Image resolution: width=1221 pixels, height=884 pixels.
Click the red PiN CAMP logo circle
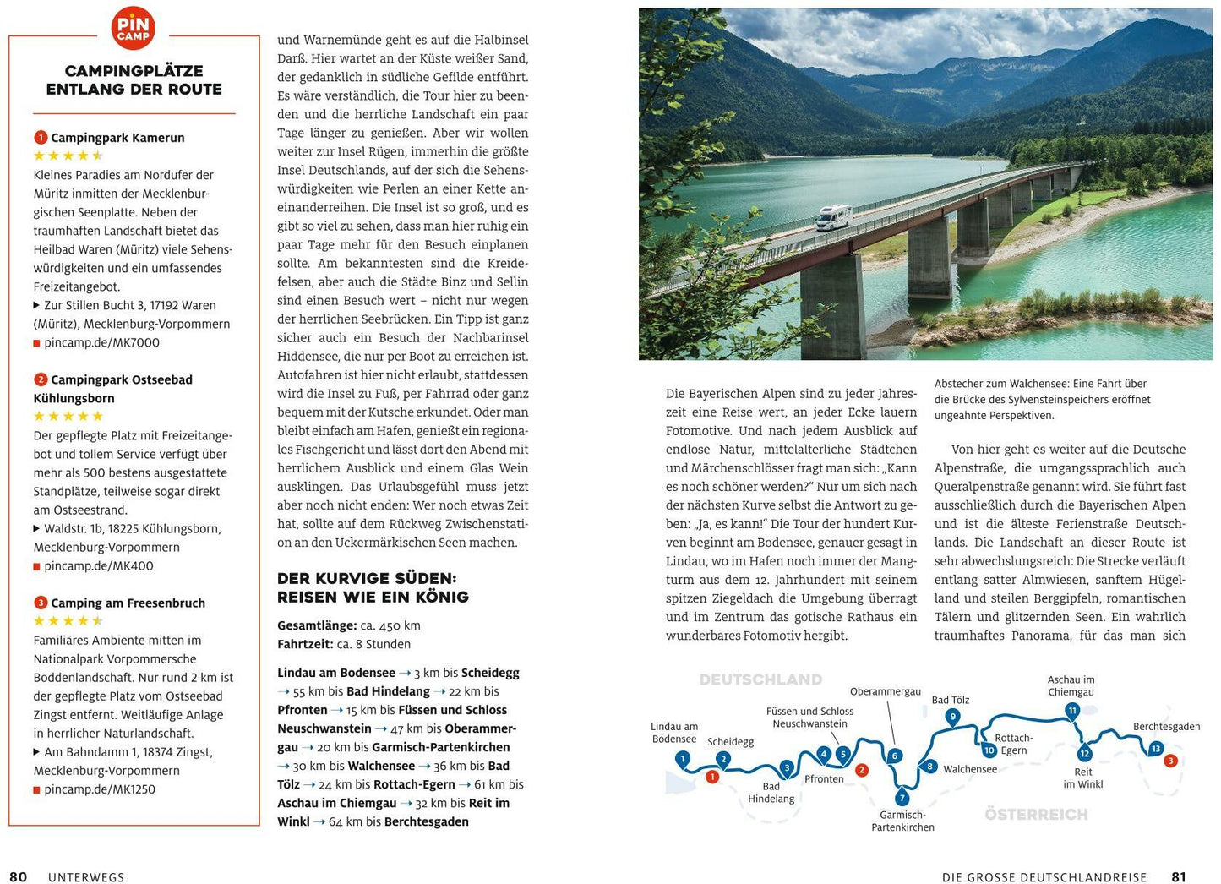coord(134,28)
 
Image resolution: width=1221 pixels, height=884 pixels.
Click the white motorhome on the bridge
coord(833,217)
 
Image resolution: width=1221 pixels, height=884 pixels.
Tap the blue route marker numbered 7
coord(902,798)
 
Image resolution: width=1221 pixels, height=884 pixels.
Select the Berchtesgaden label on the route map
coord(1166,727)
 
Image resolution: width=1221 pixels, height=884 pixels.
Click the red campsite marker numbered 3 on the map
coord(1170,761)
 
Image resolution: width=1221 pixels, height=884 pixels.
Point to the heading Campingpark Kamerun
coord(117,138)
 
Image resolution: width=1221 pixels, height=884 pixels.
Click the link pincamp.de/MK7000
coord(101,342)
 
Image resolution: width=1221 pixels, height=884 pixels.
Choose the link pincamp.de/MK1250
coord(100,789)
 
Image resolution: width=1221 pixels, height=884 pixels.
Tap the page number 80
coord(18,877)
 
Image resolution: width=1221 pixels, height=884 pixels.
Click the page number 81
coord(1178,877)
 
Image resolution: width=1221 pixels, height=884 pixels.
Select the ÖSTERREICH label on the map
coord(1036,814)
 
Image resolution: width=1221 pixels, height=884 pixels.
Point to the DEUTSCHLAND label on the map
coord(760,679)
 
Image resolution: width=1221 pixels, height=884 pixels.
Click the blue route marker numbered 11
coord(1072,711)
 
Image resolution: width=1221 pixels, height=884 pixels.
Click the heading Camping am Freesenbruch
coord(128,603)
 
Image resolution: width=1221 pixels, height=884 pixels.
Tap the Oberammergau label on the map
coord(885,691)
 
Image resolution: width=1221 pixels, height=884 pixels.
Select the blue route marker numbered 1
coord(683,759)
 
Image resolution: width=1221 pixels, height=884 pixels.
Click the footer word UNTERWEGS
coord(86,877)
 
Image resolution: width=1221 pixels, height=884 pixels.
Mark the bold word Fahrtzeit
coord(305,644)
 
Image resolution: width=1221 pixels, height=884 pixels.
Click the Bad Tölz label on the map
coord(950,700)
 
